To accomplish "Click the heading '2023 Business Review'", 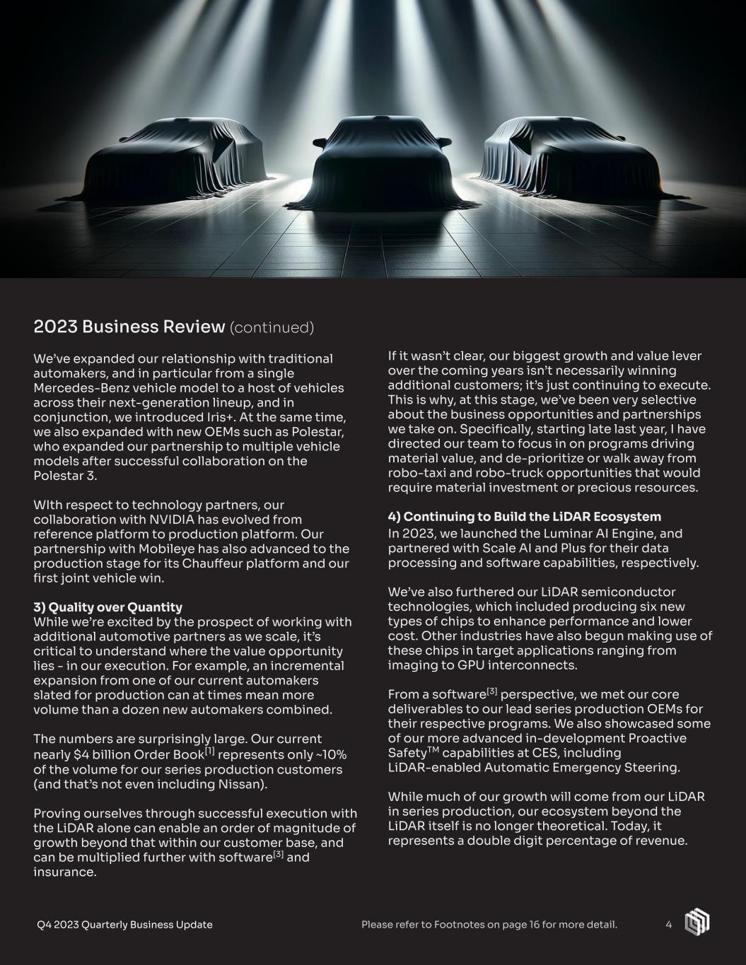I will (x=128, y=327).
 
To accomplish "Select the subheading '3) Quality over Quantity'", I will (x=107, y=607).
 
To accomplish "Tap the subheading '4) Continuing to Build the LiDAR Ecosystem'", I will (x=524, y=517).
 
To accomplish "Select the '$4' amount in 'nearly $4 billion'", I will (x=83, y=754).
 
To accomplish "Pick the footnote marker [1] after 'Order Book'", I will (x=210, y=751).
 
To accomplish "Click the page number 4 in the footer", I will (x=668, y=925).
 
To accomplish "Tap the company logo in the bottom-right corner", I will (x=697, y=923).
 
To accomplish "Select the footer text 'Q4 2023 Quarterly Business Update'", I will (x=124, y=925).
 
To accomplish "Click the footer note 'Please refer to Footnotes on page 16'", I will (x=489, y=925).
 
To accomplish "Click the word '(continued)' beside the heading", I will (x=272, y=327).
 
